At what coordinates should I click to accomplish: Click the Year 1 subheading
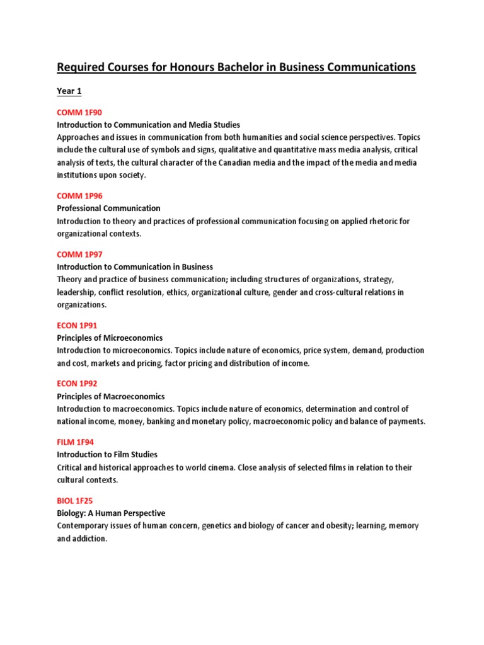69,91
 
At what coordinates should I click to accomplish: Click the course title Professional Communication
108,208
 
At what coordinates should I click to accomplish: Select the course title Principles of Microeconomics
110,338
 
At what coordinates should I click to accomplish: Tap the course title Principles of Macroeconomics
111,396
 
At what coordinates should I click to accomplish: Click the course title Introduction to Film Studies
107,454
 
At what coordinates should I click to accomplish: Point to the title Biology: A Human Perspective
111,513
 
